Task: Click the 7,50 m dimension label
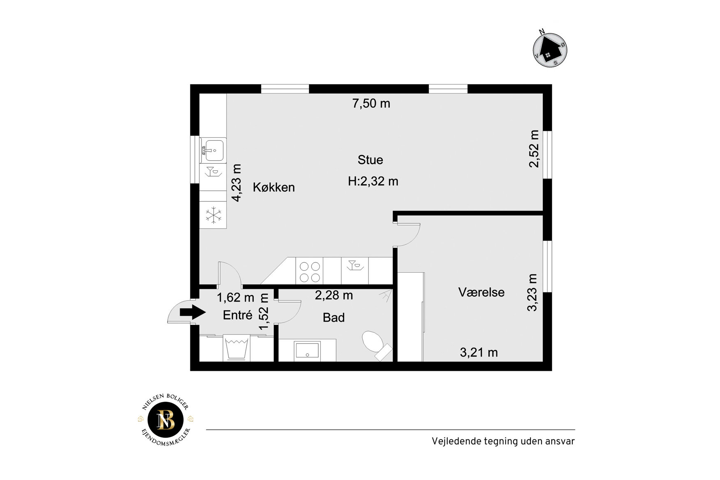[x=371, y=104]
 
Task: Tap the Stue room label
[x=370, y=160]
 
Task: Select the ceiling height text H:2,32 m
[x=373, y=181]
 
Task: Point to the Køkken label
[x=273, y=188]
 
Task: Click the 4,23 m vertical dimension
[x=236, y=183]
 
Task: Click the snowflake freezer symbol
[x=213, y=215]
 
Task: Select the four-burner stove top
[x=310, y=272]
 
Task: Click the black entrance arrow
[x=192, y=312]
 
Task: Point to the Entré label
[x=238, y=315]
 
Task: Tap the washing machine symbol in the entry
[x=236, y=348]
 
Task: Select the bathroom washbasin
[x=308, y=350]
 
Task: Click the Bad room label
[x=333, y=318]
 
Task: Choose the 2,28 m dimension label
[x=334, y=295]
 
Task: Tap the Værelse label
[x=481, y=292]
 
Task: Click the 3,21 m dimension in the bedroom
[x=479, y=352]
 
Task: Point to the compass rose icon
[x=550, y=50]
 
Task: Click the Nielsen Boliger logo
[x=166, y=420]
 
